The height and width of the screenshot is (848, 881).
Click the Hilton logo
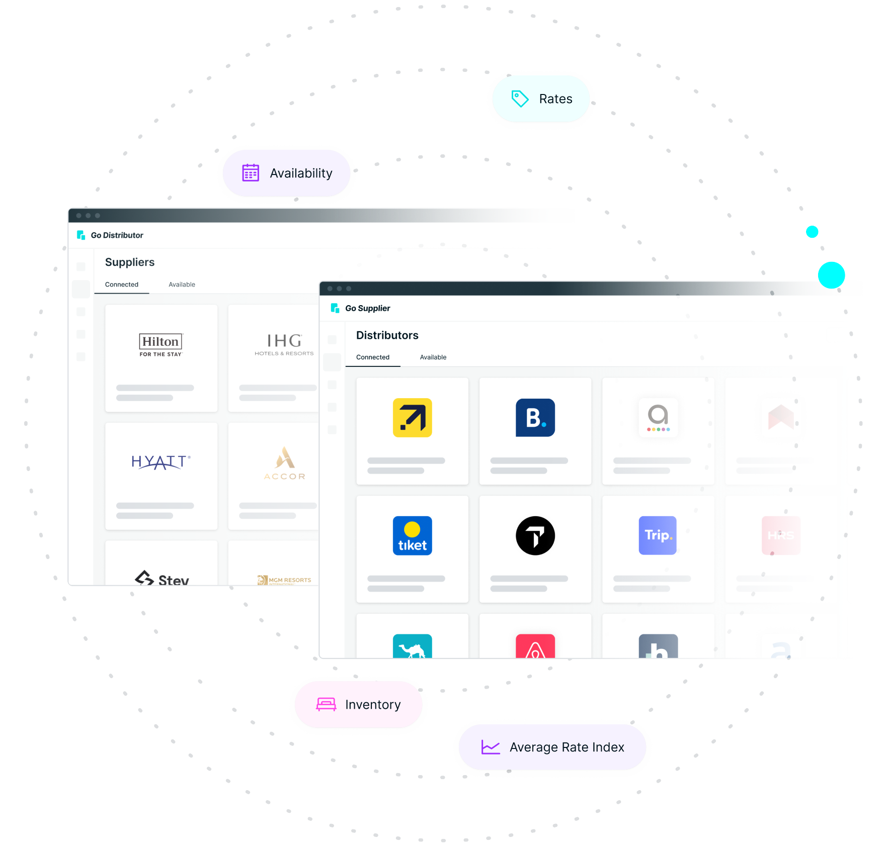161,344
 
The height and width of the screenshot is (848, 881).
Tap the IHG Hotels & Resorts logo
284,344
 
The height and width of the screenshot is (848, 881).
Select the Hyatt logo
161,462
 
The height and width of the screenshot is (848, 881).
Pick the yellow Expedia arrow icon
412,418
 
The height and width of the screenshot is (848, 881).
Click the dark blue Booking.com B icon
535,418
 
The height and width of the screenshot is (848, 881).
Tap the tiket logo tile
412,536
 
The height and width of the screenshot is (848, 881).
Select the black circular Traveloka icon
535,536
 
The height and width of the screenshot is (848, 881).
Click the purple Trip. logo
658,536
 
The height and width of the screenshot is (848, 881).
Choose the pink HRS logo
780,536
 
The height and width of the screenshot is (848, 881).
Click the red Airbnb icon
535,647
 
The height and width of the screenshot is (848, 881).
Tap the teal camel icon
412,647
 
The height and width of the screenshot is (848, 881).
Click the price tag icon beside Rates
520,99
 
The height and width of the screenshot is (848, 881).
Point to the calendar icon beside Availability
251,173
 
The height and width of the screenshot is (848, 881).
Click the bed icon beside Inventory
326,704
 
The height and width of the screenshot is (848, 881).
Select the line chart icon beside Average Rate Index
491,747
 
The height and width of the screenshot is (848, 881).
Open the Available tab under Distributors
433,357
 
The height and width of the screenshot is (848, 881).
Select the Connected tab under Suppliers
122,285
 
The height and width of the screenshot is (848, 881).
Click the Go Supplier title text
367,308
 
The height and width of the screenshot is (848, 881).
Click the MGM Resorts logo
284,580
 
